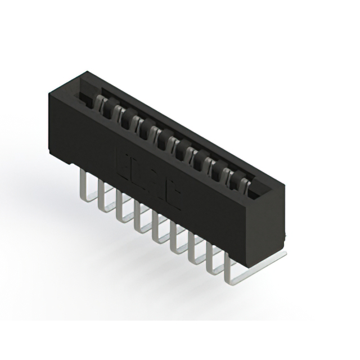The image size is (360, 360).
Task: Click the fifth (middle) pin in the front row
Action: [x=155, y=228]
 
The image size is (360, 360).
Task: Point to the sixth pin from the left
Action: [x=173, y=239]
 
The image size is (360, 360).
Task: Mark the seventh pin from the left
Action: [x=192, y=250]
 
